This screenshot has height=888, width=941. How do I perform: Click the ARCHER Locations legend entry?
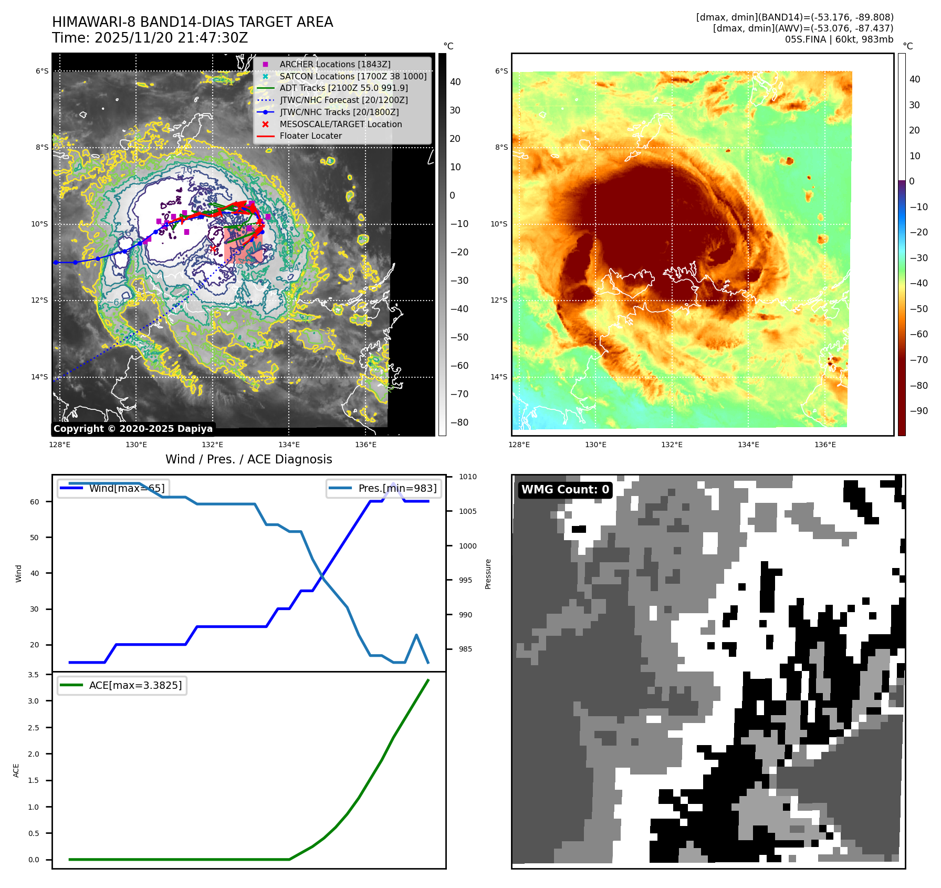334,64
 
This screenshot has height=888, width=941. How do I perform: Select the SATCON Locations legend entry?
352,76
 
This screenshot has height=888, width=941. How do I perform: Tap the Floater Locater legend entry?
310,136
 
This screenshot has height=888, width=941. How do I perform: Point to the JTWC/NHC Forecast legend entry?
343,100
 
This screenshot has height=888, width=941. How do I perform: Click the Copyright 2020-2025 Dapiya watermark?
133,429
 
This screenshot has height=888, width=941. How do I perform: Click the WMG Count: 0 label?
565,490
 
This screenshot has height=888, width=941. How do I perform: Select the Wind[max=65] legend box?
113,488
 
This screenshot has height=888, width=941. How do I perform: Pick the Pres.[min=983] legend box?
384,488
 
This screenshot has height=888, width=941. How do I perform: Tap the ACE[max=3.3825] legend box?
122,685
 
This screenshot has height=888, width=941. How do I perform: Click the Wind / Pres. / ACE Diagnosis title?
248,459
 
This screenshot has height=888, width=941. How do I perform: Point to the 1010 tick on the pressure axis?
467,477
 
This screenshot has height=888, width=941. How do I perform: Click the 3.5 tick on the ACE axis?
33,675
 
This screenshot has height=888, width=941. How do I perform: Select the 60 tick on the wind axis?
34,502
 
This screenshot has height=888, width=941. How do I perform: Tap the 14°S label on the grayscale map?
39,377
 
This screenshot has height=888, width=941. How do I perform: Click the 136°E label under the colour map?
825,445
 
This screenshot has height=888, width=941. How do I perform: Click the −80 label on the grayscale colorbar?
459,422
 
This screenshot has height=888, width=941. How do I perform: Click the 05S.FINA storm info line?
839,39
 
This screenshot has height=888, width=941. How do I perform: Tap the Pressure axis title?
488,574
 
